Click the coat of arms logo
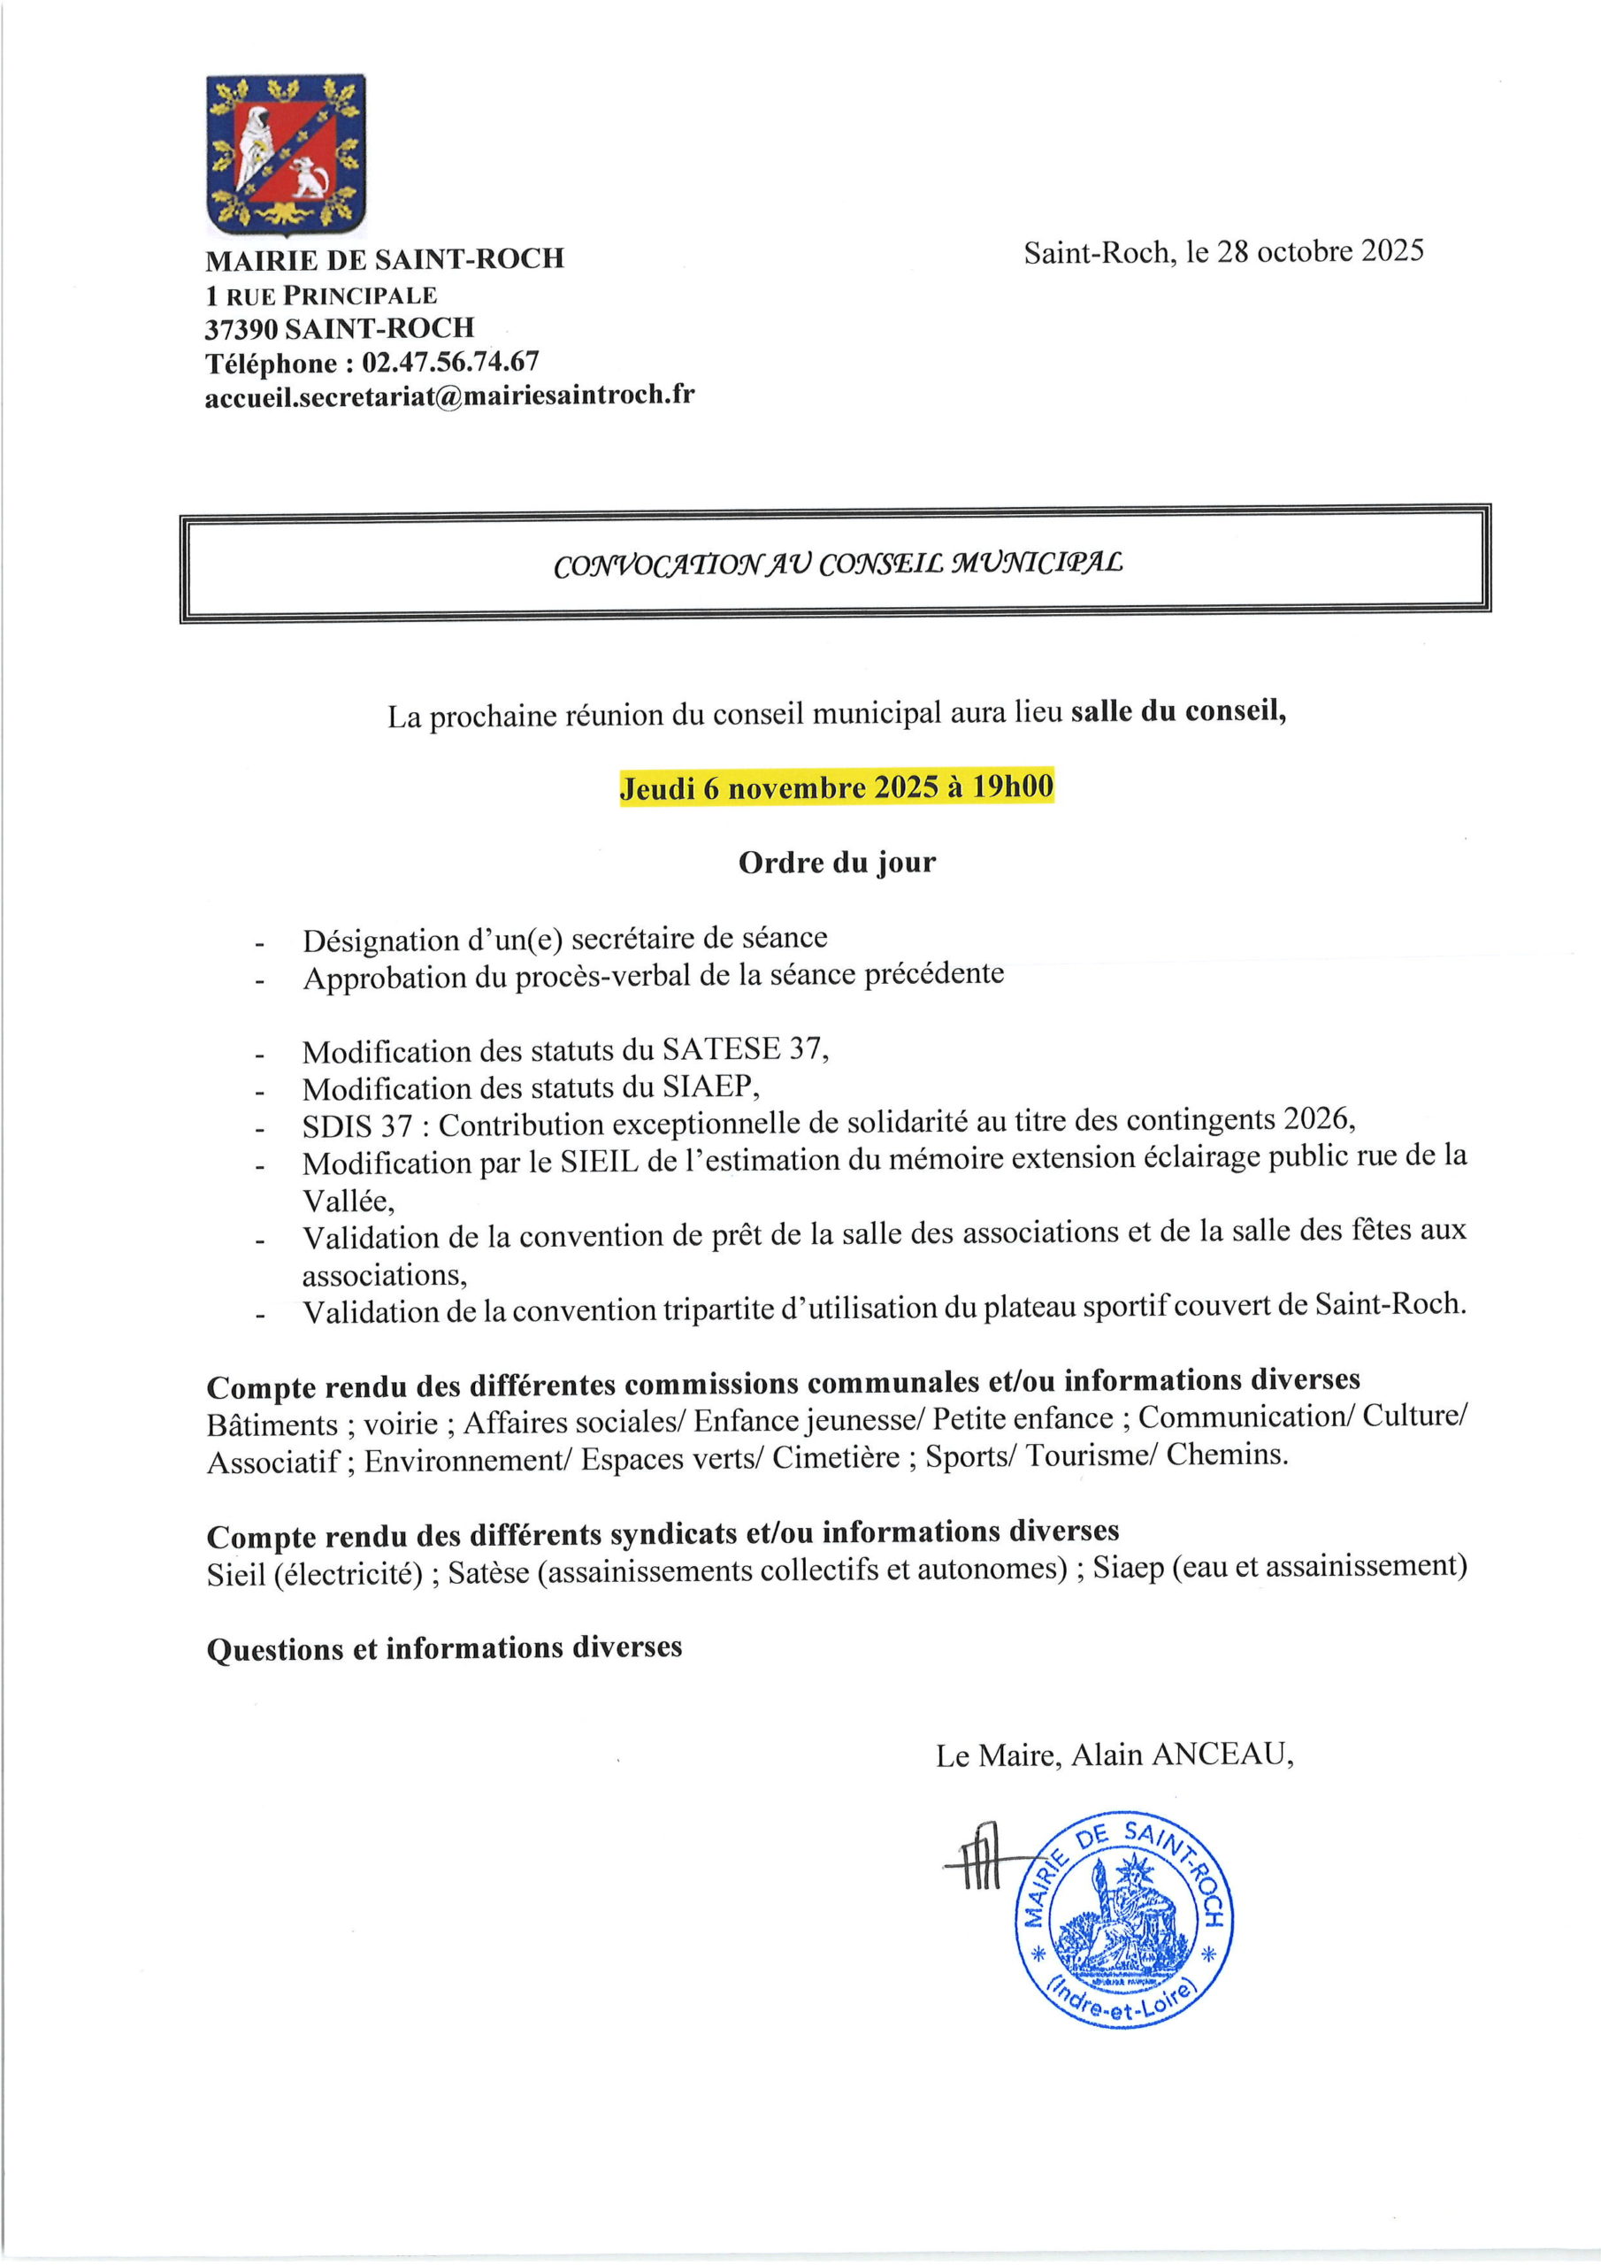285,155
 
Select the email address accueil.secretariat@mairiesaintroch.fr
448,395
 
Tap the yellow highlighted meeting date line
836,787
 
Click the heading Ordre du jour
837,862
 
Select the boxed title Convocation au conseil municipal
838,564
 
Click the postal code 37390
241,328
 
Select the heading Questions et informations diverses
444,1648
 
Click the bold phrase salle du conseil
1178,711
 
